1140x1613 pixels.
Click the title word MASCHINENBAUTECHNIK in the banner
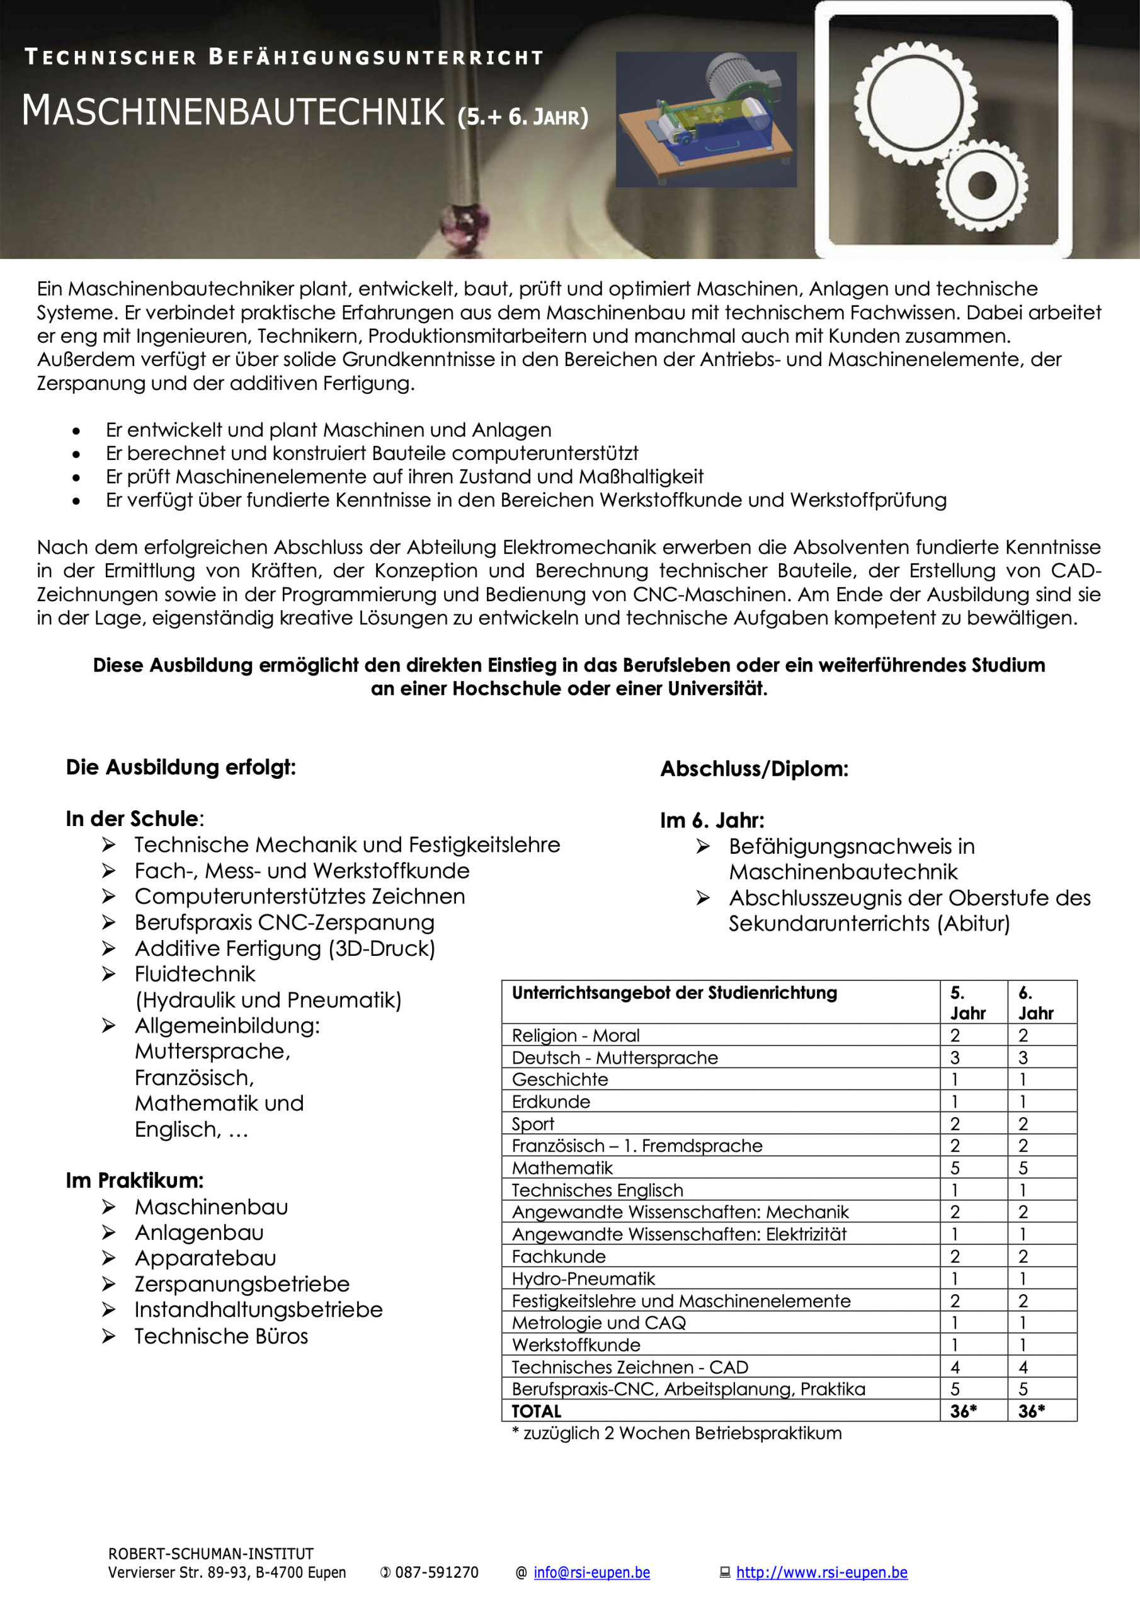pos(233,111)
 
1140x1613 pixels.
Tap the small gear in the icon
pos(981,185)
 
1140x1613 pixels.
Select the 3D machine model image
pos(706,120)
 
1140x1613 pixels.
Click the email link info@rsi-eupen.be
pos(591,1572)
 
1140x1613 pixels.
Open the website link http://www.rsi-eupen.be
pos(821,1572)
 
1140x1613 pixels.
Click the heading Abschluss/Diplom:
pos(754,769)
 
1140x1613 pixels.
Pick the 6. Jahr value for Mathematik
pos(1023,1168)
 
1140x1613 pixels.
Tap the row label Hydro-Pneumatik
pos(583,1278)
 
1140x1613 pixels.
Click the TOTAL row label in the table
pos(537,1411)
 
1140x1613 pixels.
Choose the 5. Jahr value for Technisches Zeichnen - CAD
pos(955,1367)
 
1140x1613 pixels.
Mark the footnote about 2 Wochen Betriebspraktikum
pos(676,1433)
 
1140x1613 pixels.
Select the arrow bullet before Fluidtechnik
pos(108,973)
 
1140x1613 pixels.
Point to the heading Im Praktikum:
pos(134,1180)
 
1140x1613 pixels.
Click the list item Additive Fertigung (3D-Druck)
pos(285,948)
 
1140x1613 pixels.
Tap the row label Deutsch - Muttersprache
pos(615,1057)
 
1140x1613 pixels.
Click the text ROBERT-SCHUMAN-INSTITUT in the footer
pos(211,1553)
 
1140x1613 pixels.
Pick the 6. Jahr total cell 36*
pos(1031,1411)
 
